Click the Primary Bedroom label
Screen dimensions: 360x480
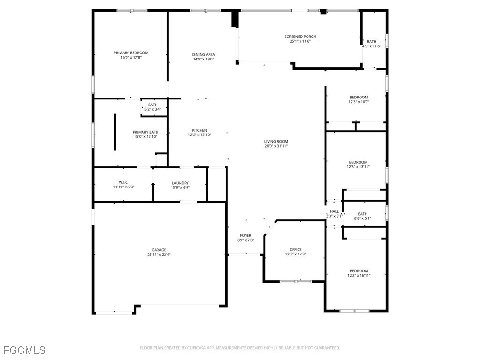tap(131, 53)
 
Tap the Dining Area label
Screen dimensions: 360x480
tap(203, 54)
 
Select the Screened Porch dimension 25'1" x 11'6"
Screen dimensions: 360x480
tap(300, 41)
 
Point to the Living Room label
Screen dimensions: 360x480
tap(276, 141)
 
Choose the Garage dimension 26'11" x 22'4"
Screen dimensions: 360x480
tap(159, 255)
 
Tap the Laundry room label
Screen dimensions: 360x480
tap(180, 183)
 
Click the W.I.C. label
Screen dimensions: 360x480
tap(124, 182)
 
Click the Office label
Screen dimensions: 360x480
tap(295, 249)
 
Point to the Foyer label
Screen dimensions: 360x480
tap(246, 235)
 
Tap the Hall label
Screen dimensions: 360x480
tap(334, 211)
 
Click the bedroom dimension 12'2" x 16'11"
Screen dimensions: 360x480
tap(359, 276)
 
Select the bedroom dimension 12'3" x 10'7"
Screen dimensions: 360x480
tap(359, 102)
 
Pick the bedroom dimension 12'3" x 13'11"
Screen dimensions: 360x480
tap(359, 166)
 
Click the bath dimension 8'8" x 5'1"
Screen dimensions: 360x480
tap(363, 218)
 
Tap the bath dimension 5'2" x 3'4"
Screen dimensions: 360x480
tap(153, 109)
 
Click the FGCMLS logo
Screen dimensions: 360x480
tap(24, 350)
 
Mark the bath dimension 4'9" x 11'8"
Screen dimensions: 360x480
tap(372, 46)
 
